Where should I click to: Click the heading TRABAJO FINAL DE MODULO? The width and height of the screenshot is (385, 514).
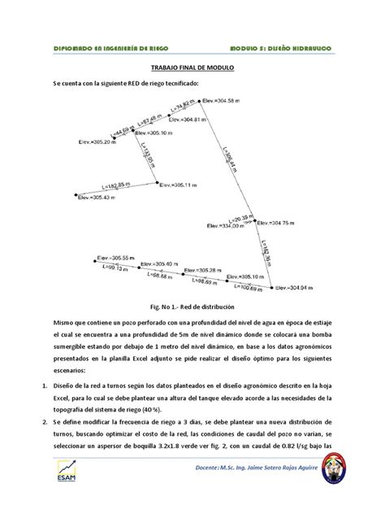click(192, 70)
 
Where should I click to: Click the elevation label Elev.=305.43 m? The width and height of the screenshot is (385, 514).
click(97, 198)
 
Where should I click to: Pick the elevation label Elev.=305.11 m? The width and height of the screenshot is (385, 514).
click(180, 185)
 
